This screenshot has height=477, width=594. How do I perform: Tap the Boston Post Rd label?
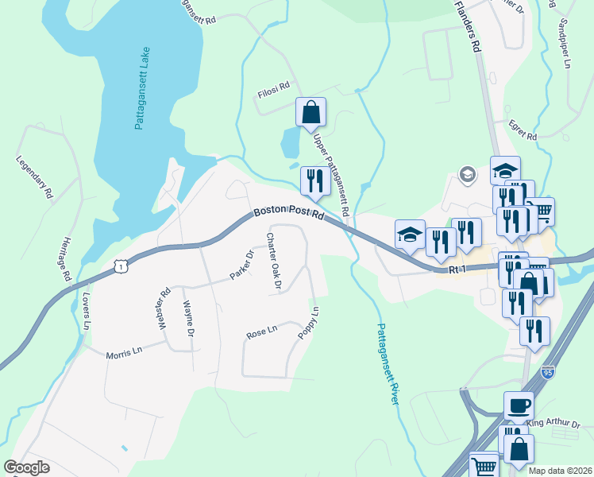coord(289,215)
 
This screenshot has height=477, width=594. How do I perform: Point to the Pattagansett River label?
coord(387,364)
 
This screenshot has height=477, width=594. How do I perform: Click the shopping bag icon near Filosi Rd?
coord(311,112)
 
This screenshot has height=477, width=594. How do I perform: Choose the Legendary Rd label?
coord(34,176)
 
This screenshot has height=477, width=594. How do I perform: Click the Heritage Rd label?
coord(67,260)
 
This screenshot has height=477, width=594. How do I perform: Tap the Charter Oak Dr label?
coord(275,262)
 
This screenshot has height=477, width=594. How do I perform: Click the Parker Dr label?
coord(241,265)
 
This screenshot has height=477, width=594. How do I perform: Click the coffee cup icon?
coord(519,405)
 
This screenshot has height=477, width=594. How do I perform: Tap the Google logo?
coord(26,467)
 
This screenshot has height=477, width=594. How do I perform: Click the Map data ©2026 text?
coord(560,471)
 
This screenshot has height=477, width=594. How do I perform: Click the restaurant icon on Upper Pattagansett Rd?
coord(315,180)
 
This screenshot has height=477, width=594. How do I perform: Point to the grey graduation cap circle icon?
coord(468,175)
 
